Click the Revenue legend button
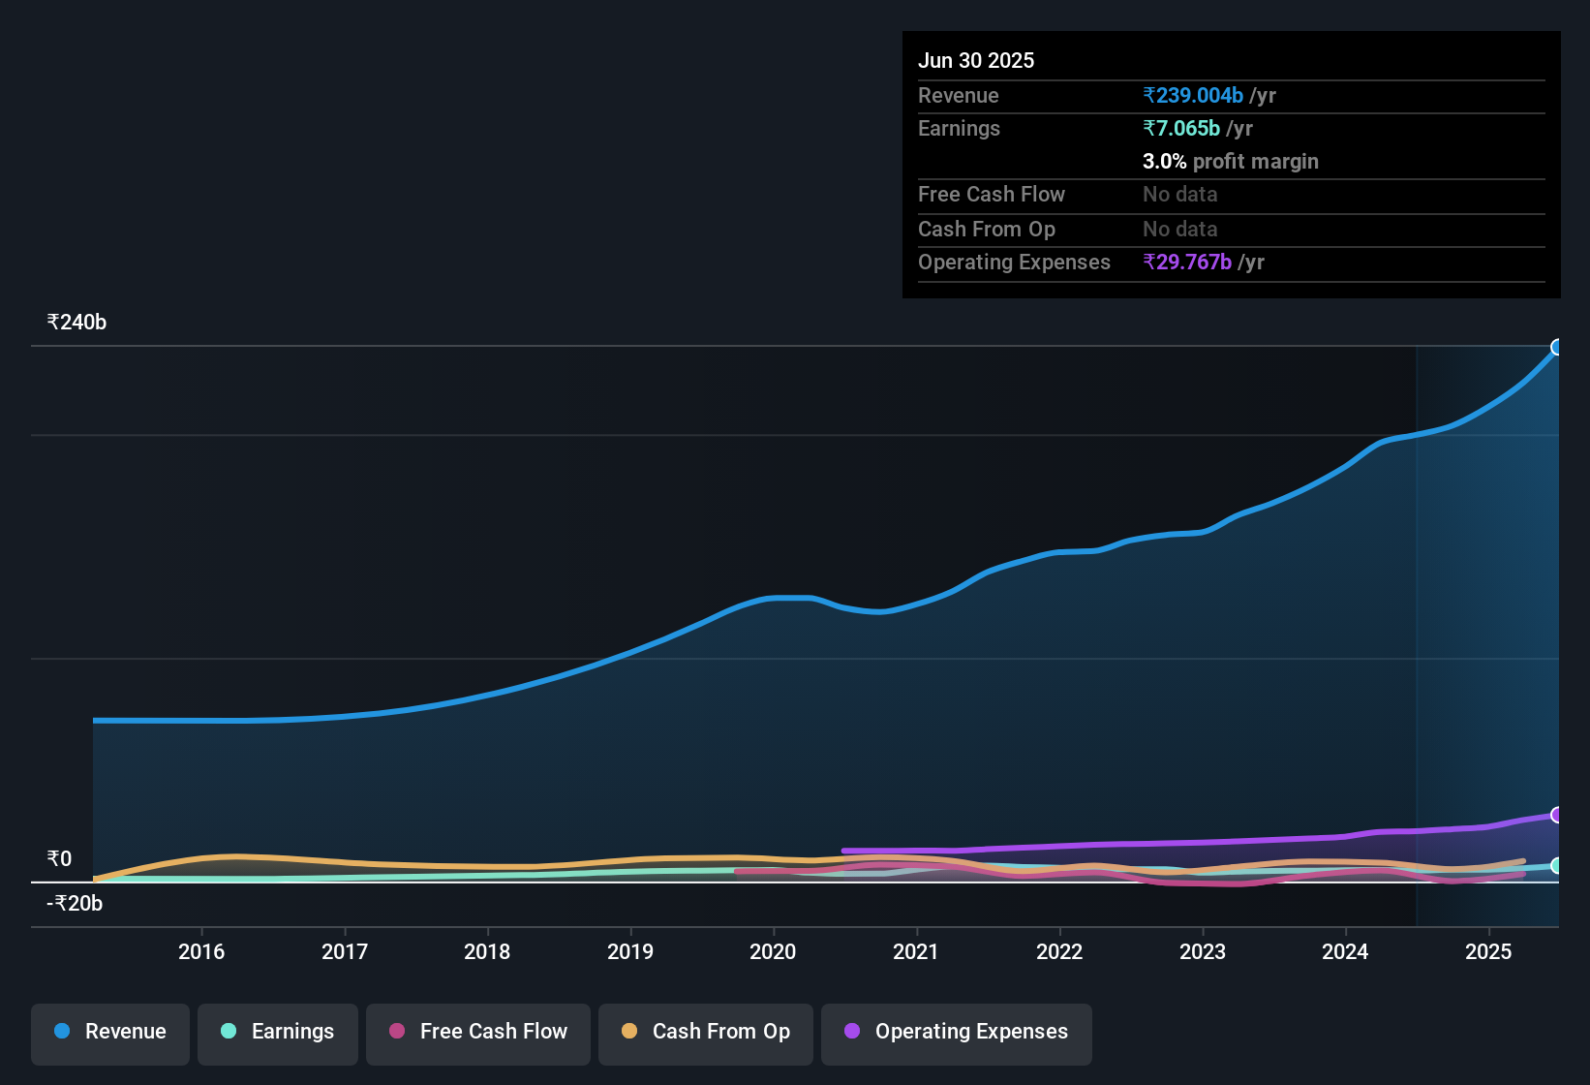tap(110, 1032)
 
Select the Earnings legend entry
tap(278, 1032)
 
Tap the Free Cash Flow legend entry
tap(478, 1032)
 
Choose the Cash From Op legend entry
tap(706, 1032)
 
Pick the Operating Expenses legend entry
tap(957, 1032)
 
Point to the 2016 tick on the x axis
tap(201, 951)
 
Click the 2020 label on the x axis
tap(773, 951)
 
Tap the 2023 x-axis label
tap(1203, 951)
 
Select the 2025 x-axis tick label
tap(1488, 951)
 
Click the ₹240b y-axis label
tap(76, 323)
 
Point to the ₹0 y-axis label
tap(59, 859)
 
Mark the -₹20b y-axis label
tap(75, 904)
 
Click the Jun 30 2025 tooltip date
tap(976, 61)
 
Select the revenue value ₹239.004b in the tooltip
tap(1193, 96)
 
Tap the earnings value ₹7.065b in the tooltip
tap(1181, 129)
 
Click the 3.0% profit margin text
tap(1230, 162)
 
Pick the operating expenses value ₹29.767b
tap(1187, 263)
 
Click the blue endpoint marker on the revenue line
tap(1557, 347)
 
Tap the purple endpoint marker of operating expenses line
tap(1557, 815)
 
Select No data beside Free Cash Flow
tap(1179, 195)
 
